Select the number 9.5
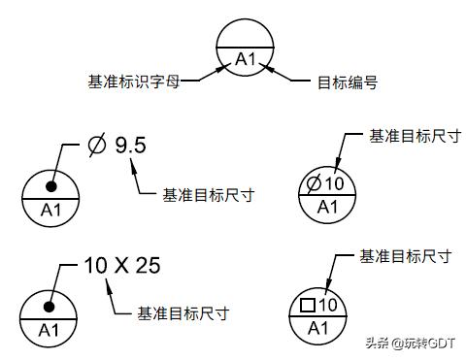point(130,146)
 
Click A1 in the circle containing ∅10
point(327,206)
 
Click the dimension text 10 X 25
point(121,265)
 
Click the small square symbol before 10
point(309,306)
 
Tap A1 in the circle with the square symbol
point(317,327)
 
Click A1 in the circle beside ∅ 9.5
point(50,209)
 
